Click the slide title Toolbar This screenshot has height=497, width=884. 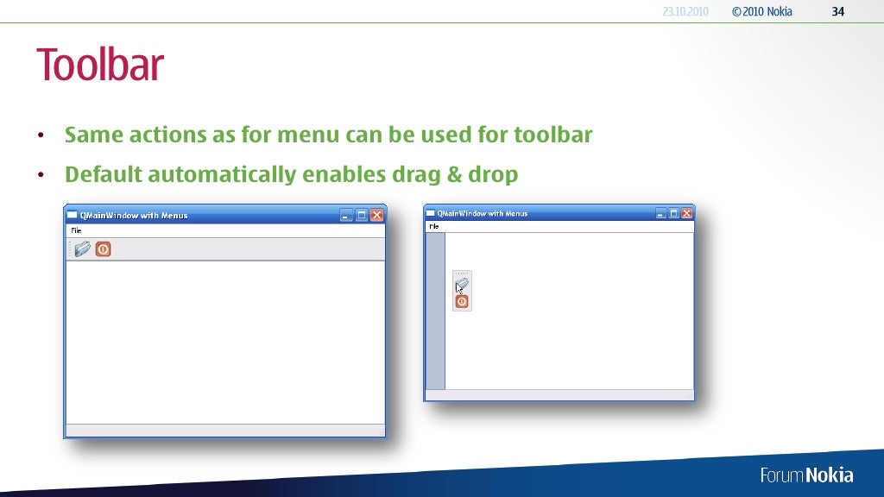click(99, 65)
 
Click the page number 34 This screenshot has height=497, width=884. click(837, 11)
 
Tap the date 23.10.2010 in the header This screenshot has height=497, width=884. click(685, 11)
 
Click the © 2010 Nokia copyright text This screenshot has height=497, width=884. click(761, 11)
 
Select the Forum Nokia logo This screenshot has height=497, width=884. click(806, 475)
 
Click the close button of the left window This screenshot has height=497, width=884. click(377, 215)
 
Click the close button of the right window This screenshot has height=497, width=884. click(687, 213)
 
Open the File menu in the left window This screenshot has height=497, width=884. click(76, 230)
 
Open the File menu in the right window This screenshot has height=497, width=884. click(434, 226)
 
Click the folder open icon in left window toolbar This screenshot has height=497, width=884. click(83, 249)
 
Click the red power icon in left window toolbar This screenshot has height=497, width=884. click(103, 249)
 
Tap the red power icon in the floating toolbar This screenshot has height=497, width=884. click(462, 302)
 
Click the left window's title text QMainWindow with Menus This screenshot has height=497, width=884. click(134, 216)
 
